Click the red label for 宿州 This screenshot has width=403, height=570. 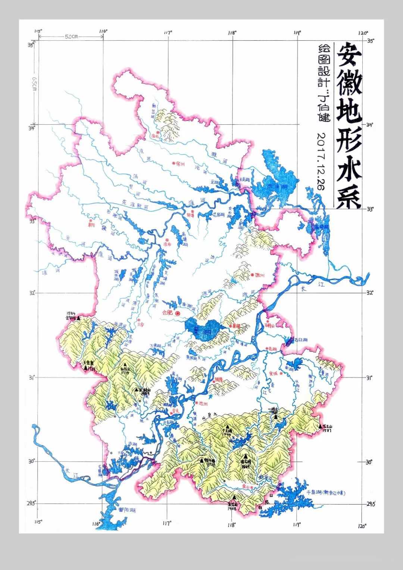pos(180,163)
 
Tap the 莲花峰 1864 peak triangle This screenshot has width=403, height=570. pos(245,456)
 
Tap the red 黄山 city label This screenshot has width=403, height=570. pos(246,487)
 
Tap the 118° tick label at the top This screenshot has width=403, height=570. pos(232,33)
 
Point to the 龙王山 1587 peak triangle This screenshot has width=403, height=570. pos(320,426)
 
